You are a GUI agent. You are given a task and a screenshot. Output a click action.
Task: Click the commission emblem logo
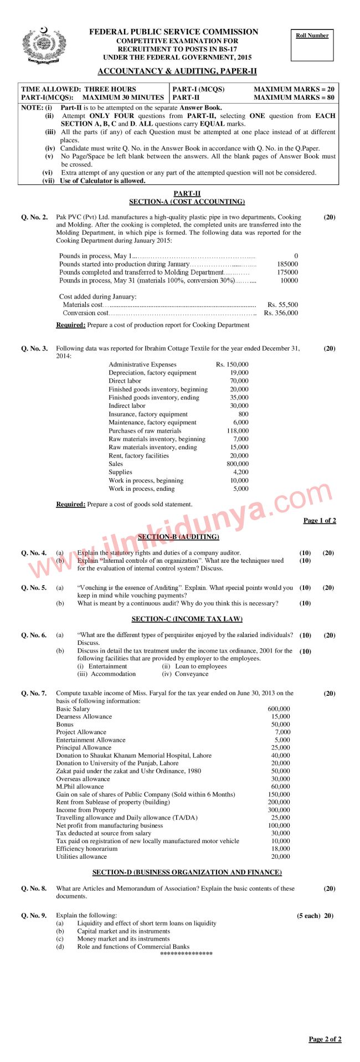(44, 45)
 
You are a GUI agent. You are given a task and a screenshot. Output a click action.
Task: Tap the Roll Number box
(312, 44)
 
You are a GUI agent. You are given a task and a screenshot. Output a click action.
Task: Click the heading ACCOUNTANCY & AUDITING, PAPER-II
(177, 71)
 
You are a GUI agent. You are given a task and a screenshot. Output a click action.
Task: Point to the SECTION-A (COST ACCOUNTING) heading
(187, 202)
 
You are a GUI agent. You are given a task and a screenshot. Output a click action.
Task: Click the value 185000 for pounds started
(287, 264)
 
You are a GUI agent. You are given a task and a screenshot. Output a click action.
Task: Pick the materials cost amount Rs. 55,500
(282, 305)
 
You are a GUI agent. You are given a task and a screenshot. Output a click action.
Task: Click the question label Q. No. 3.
(34, 348)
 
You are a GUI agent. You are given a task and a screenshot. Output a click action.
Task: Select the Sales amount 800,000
(238, 464)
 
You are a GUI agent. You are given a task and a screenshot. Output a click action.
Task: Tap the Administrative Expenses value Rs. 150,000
(232, 365)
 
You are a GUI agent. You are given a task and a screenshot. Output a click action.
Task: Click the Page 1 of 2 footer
(320, 520)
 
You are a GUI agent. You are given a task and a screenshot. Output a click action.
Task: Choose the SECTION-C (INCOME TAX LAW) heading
(187, 619)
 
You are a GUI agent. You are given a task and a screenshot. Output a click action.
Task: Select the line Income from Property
(86, 810)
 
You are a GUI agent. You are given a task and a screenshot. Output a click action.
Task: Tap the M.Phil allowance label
(80, 787)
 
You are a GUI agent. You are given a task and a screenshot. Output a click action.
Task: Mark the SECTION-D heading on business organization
(187, 872)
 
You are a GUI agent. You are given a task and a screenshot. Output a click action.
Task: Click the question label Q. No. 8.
(34, 889)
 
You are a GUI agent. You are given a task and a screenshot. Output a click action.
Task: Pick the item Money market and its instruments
(123, 938)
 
